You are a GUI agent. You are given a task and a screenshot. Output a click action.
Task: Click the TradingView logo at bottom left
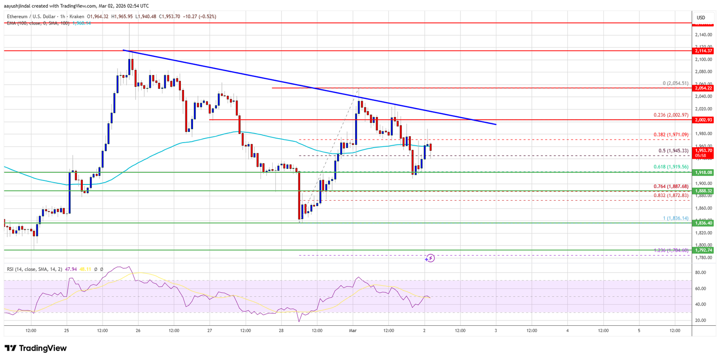pyautogui.click(x=36, y=348)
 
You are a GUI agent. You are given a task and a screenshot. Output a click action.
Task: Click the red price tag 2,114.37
pyautogui.click(x=703, y=51)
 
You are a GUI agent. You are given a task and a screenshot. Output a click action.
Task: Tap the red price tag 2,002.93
pyautogui.click(x=703, y=120)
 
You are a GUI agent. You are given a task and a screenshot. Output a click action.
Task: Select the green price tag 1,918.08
pyautogui.click(x=703, y=172)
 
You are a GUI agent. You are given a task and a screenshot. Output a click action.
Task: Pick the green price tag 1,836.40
pyautogui.click(x=703, y=223)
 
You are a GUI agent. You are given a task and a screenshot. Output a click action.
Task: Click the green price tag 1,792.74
pyautogui.click(x=703, y=250)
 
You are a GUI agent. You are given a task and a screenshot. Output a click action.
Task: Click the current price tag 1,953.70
pyautogui.click(x=703, y=151)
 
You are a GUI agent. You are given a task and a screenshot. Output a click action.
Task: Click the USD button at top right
pyautogui.click(x=701, y=18)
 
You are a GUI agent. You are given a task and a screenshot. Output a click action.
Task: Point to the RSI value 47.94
pyautogui.click(x=71, y=269)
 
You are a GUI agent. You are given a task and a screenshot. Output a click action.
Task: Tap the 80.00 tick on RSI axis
pyautogui.click(x=700, y=273)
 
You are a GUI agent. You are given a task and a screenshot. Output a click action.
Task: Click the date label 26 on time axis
pyautogui.click(x=138, y=330)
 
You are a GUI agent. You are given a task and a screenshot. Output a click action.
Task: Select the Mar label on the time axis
pyautogui.click(x=352, y=330)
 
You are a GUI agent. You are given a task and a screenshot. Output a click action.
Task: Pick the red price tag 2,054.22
pyautogui.click(x=703, y=88)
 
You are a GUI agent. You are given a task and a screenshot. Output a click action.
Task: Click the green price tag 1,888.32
pyautogui.click(x=703, y=191)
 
